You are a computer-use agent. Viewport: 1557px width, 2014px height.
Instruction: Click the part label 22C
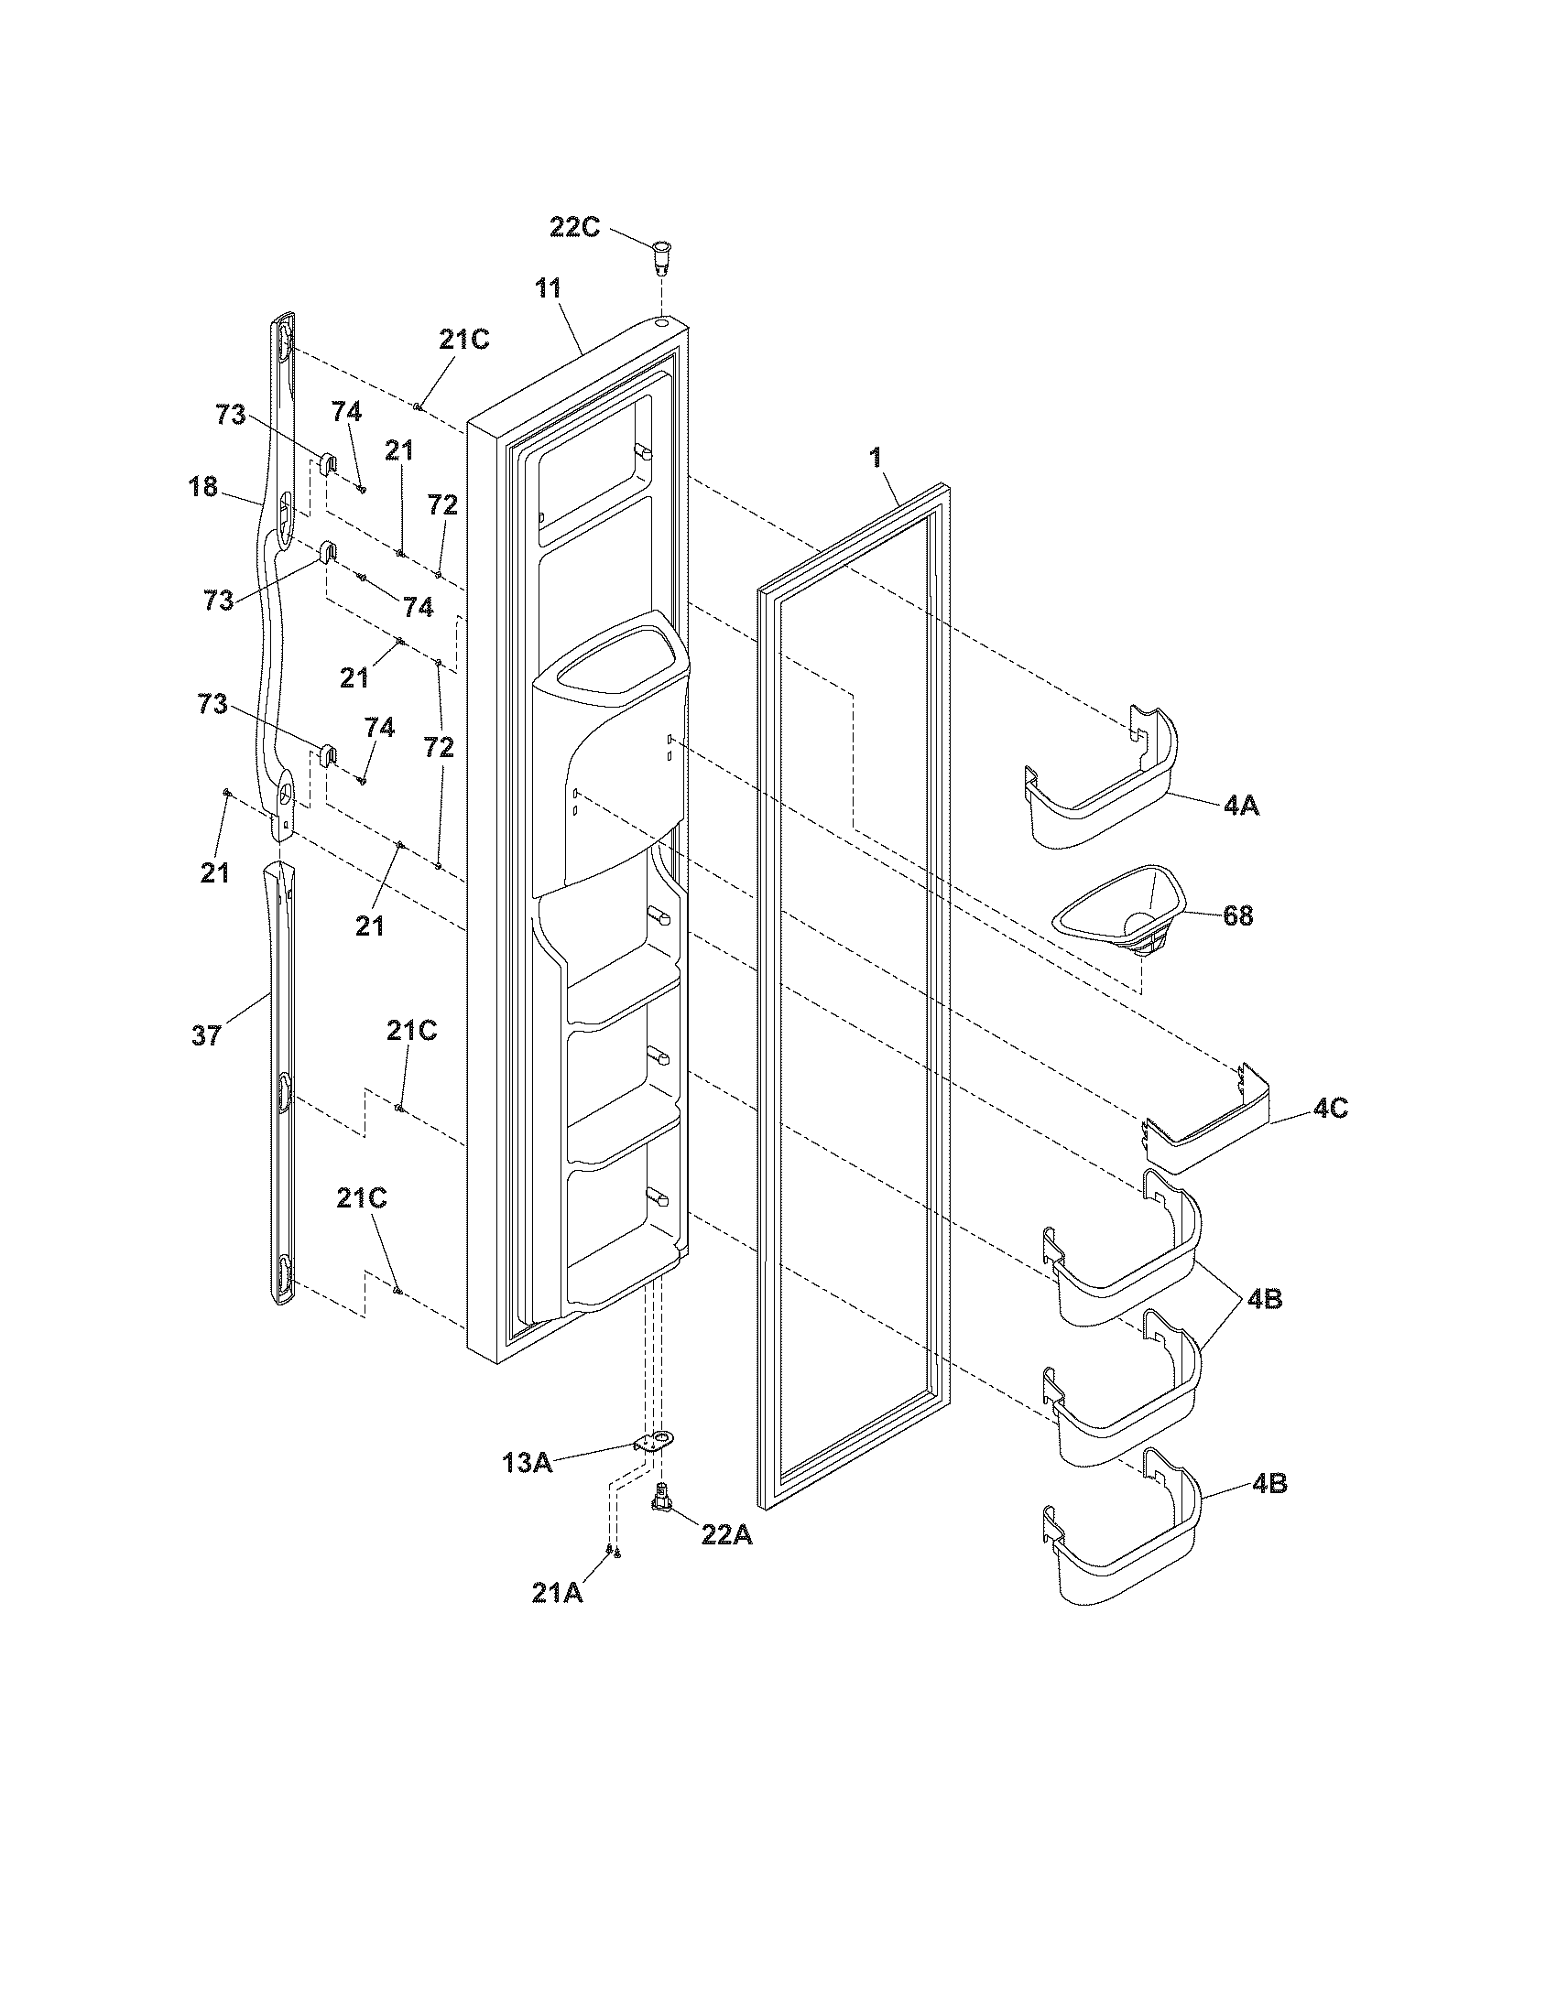tap(574, 227)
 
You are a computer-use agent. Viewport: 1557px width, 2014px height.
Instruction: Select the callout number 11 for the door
tap(548, 287)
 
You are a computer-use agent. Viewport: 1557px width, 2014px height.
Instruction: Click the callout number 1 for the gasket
tap(875, 457)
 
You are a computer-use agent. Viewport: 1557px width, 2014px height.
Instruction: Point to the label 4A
tap(1241, 805)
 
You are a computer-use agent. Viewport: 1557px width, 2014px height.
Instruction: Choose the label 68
tap(1237, 915)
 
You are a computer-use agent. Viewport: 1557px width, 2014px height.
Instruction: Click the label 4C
tap(1330, 1109)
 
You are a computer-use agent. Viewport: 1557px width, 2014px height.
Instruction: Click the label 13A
tap(528, 1462)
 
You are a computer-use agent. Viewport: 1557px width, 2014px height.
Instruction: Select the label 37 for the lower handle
tap(207, 1035)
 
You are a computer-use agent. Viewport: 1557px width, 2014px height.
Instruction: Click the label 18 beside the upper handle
tap(203, 487)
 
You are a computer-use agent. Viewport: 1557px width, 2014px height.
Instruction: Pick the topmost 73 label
tap(231, 415)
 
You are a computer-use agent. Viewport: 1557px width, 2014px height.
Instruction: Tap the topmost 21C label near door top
tap(464, 340)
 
